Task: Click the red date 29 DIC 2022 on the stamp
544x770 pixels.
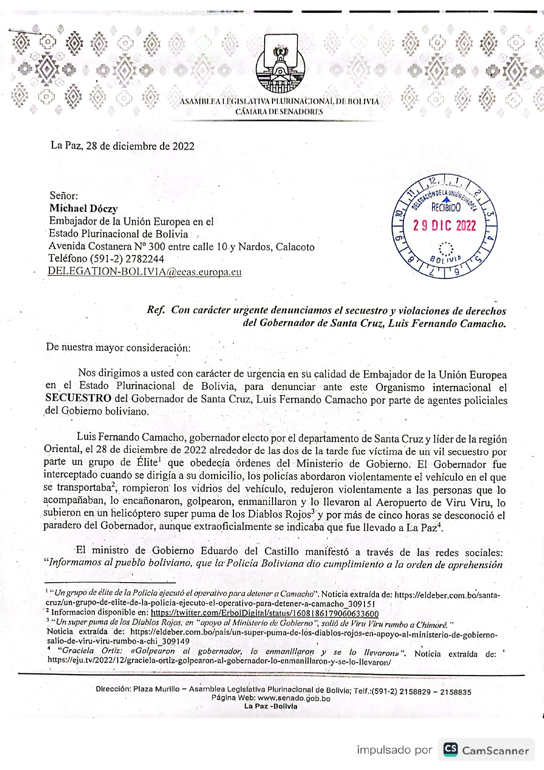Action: coord(444,226)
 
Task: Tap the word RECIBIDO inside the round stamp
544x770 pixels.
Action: coord(446,208)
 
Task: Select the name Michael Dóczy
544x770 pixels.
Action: coord(83,208)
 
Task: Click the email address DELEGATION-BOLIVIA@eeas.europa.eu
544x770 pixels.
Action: coord(145,271)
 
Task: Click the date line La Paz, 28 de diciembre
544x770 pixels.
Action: coord(122,146)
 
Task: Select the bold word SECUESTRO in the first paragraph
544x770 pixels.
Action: coord(78,398)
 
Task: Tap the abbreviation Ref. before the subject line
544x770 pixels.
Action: coord(156,310)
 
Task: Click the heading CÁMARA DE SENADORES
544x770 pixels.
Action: coord(279,111)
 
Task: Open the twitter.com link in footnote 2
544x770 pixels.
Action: coord(265,613)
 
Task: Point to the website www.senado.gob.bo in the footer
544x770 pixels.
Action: coord(293,698)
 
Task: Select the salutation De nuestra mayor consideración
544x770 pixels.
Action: coord(118,347)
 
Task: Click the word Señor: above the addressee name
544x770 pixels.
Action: coord(64,196)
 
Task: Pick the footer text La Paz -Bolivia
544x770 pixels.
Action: coord(271,706)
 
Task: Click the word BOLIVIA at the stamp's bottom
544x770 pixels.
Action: coord(445,259)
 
